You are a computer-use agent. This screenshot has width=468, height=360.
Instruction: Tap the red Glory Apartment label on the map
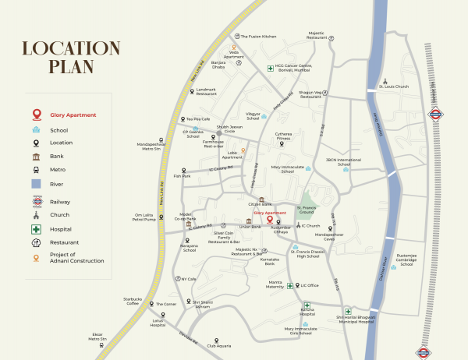coord(270,213)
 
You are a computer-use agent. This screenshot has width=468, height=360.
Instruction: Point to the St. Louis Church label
coord(393,86)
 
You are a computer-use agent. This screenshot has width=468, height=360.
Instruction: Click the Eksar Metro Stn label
coord(98,337)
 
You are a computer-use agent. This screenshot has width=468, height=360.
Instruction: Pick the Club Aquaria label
coord(218,345)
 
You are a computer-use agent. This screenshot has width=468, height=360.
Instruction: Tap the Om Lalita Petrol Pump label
coord(145,217)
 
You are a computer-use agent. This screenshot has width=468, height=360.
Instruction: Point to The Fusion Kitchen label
coord(258,36)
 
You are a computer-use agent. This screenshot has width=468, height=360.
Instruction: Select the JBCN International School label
coord(343,162)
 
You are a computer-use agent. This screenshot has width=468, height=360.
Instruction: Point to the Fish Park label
coord(183,175)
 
